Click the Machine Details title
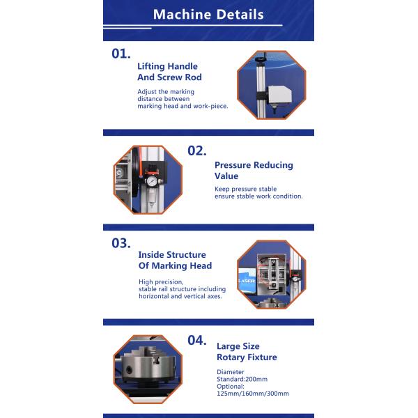tap(208, 15)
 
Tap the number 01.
tap(121, 54)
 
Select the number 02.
tap(197, 150)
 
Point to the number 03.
tap(121, 243)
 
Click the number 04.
tap(197, 340)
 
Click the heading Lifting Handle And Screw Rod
tap(169, 72)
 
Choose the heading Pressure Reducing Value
tap(254, 171)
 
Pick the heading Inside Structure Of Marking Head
tap(175, 260)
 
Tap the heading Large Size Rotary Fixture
tap(247, 352)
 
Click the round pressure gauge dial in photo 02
tap(152, 181)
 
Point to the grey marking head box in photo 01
tap(279, 95)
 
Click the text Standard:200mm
tap(242, 379)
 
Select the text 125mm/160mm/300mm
tap(253, 394)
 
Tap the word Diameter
tap(231, 372)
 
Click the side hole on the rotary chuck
tap(130, 370)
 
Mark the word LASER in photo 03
tap(247, 281)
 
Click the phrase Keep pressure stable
tap(246, 189)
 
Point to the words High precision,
tap(161, 281)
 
